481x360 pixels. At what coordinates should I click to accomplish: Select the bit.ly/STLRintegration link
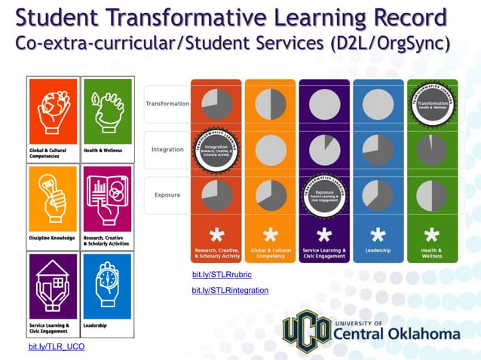(230, 290)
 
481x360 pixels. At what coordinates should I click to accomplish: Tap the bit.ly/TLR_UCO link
(57, 346)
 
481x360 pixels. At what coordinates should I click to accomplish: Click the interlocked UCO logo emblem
(305, 331)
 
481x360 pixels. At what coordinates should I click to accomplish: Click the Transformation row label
(167, 104)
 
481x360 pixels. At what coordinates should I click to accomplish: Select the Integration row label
(167, 149)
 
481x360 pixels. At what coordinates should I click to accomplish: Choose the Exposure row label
(167, 195)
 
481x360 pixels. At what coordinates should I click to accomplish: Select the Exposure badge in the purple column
(324, 195)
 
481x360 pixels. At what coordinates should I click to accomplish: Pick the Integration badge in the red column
(216, 149)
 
